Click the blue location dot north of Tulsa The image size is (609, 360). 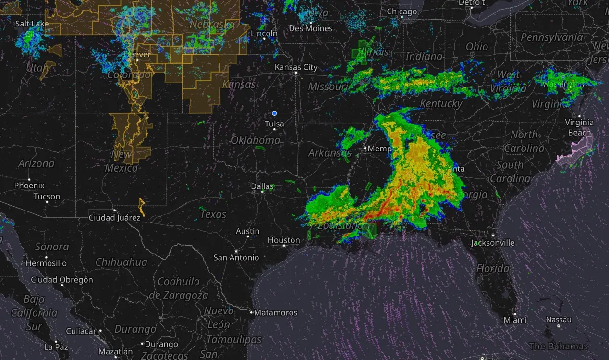(x=274, y=113)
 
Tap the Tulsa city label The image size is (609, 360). (x=274, y=124)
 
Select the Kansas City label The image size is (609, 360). (x=296, y=67)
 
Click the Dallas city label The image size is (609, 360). (x=262, y=186)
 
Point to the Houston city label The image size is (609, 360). (x=284, y=240)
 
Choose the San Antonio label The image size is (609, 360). (x=236, y=257)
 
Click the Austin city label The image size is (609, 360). (x=247, y=231)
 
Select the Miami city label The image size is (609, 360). (x=515, y=320)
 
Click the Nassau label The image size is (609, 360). (x=559, y=320)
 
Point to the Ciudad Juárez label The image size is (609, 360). (x=114, y=218)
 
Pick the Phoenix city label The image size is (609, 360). (x=29, y=186)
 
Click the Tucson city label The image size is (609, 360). (x=47, y=197)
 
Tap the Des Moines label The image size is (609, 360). (x=311, y=29)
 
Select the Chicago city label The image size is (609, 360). (x=402, y=12)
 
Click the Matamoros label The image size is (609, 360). (x=275, y=312)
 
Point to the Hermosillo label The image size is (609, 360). (x=46, y=263)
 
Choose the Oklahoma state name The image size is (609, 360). (x=256, y=140)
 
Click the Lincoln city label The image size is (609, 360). (x=264, y=34)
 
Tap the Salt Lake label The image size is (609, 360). (x=32, y=24)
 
